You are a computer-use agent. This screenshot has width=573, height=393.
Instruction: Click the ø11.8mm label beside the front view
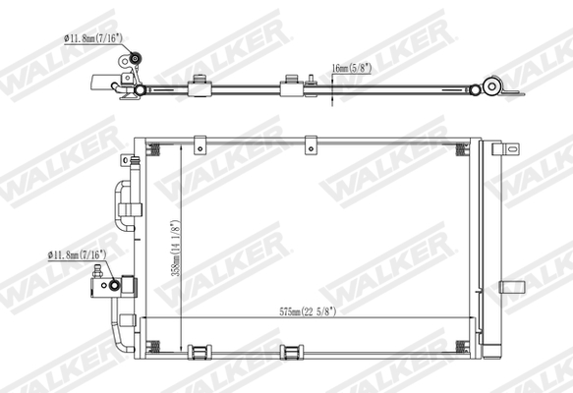pos(77,253)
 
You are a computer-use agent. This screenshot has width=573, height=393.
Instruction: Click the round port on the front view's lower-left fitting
pos(115,286)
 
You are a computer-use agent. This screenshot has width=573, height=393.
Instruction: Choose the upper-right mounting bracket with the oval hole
pos(506,149)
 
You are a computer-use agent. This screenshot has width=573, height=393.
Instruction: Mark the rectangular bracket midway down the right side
pos(511,287)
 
